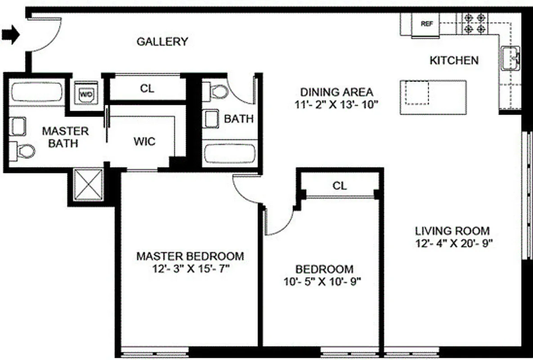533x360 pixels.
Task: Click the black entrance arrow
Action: [11, 34]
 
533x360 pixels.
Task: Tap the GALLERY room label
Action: [162, 42]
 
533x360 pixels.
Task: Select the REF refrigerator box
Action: [426, 24]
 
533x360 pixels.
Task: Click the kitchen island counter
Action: [433, 97]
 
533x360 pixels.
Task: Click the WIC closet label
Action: [144, 142]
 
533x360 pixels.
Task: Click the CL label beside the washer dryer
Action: [147, 89]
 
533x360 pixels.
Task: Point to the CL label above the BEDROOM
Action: [340, 186]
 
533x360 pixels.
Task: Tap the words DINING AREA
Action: [336, 92]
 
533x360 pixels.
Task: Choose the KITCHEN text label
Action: [454, 60]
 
